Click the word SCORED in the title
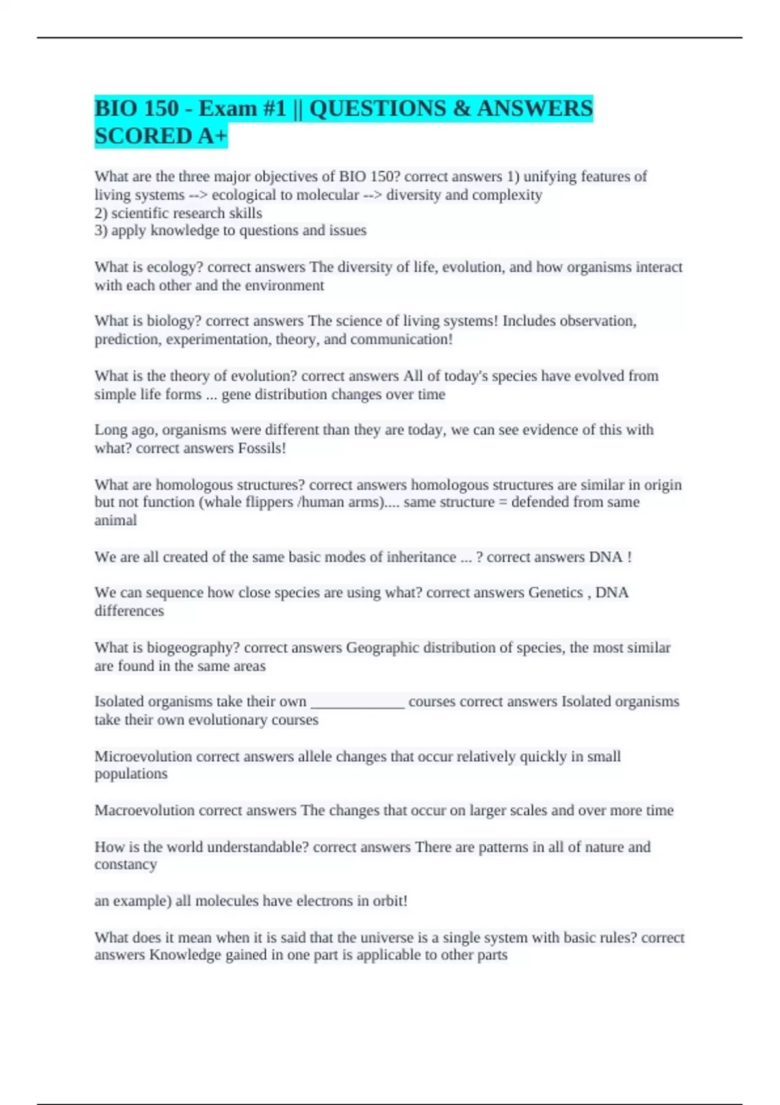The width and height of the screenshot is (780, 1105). pos(135,136)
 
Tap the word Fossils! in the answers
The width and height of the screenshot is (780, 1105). pos(262,448)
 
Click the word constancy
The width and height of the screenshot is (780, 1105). pos(125,864)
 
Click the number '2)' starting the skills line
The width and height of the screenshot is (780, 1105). pos(101,213)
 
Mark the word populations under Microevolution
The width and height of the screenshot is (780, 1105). pos(131,773)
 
